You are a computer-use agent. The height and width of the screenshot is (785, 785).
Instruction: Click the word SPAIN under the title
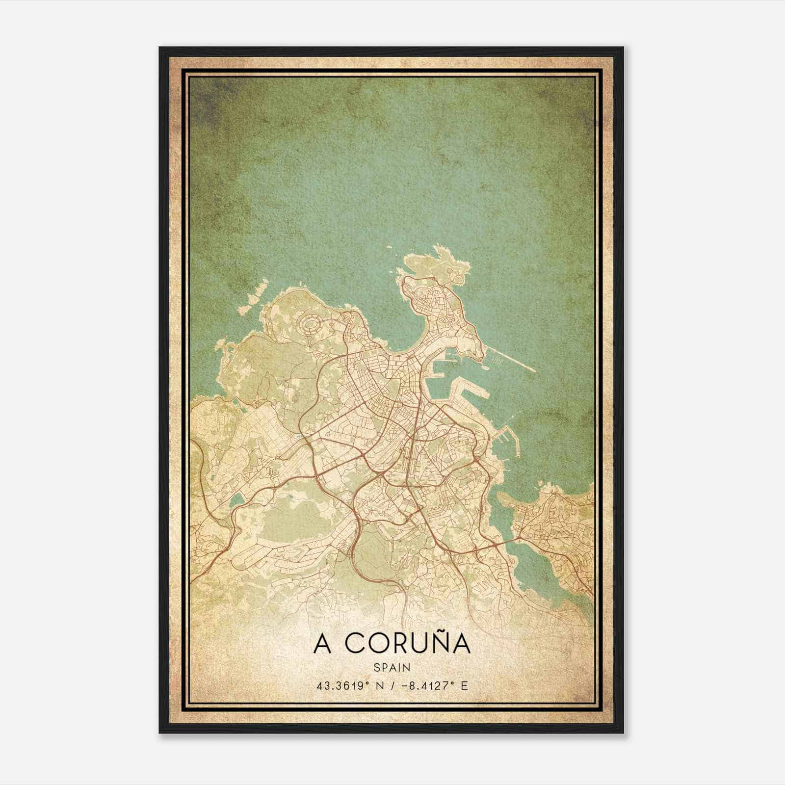(x=392, y=667)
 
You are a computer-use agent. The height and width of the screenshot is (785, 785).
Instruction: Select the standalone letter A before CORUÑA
(x=322, y=645)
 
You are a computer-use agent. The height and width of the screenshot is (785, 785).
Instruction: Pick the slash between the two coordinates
(x=392, y=685)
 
